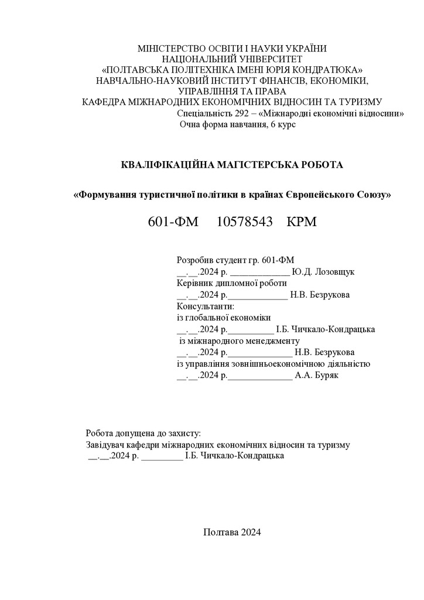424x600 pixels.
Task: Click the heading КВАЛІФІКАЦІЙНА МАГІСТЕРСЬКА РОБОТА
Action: pyautogui.click(x=231, y=165)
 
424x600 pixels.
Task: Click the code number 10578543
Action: pyautogui.click(x=245, y=223)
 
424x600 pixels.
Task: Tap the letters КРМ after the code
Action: pyautogui.click(x=302, y=223)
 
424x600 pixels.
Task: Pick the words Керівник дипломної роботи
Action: pyautogui.click(x=231, y=283)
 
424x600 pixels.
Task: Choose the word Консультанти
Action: pyautogui.click(x=205, y=305)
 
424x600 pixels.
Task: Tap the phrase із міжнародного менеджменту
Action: pyautogui.click(x=239, y=340)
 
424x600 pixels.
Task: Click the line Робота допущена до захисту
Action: pyautogui.click(x=143, y=434)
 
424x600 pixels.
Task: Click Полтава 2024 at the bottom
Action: pyautogui.click(x=232, y=532)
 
